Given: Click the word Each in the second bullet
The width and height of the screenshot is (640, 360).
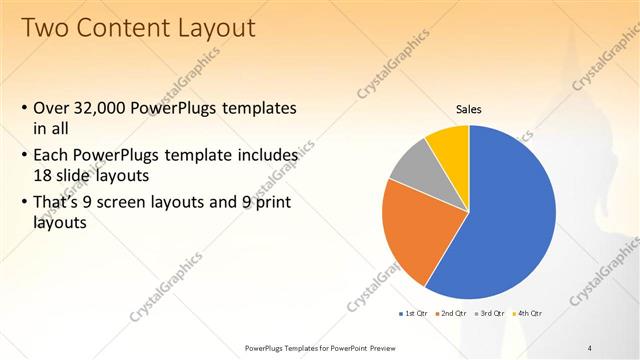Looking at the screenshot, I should pyautogui.click(x=53, y=156).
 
